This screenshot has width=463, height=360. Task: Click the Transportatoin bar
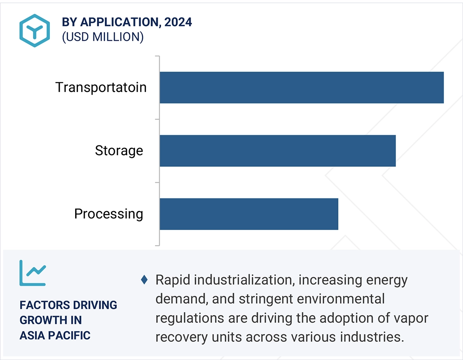pos(302,88)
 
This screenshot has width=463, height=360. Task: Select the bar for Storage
pos(277,150)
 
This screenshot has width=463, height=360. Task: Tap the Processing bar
pos(249,214)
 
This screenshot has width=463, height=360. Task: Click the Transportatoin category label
pos(101,88)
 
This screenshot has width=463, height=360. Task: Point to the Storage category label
pos(119,151)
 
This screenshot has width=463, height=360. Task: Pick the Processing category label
pos(108,214)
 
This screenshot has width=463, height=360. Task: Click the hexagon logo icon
pos(34,31)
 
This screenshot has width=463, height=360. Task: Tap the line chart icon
pos(33,273)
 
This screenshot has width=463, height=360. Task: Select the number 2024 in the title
pos(178,22)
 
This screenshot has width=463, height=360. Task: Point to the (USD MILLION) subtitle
pos(102,37)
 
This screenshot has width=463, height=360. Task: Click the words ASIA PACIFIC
pos(55,335)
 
